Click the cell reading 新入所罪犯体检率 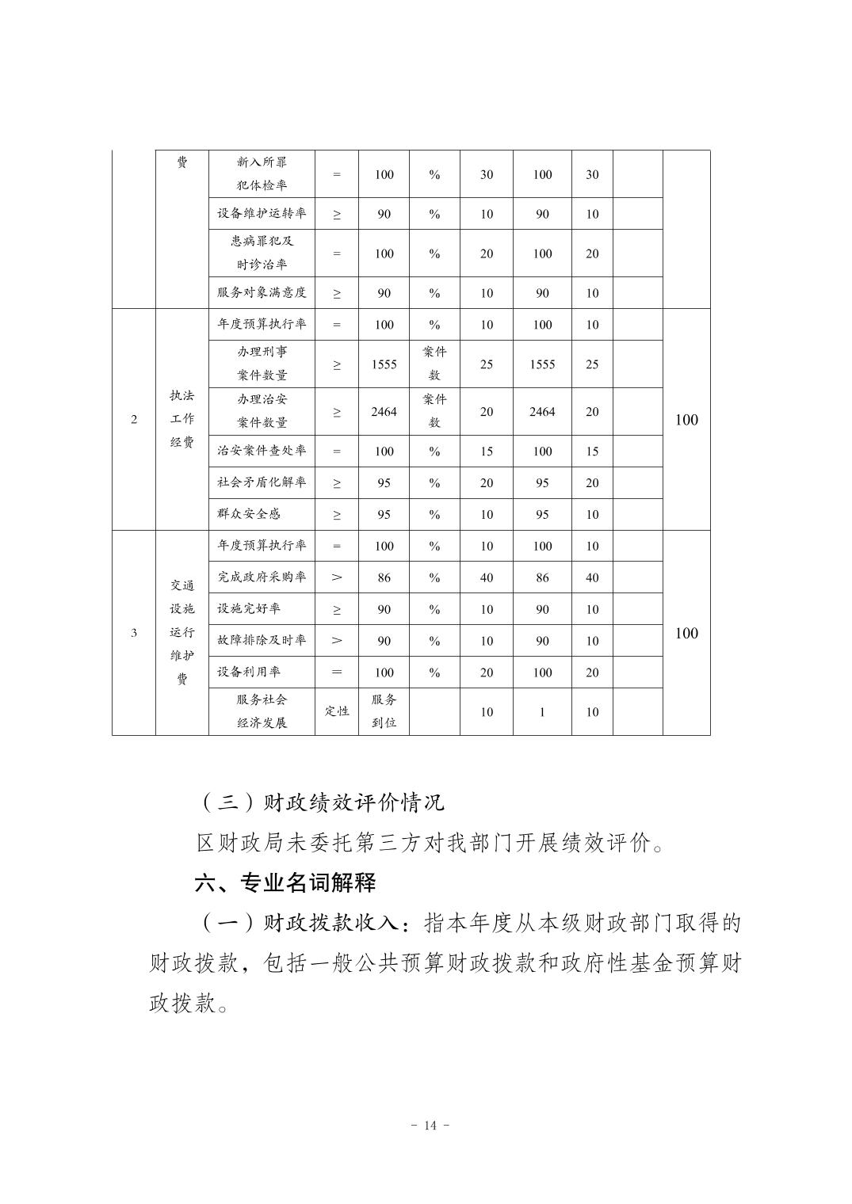[262, 173]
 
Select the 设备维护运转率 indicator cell [262, 213]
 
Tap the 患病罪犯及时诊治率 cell [262, 253]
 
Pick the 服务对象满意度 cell [262, 292]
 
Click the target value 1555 [384, 364]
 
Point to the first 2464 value [384, 411]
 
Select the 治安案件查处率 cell [262, 451]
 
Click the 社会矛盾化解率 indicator [262, 482]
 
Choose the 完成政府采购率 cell [262, 577]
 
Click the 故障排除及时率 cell [262, 640]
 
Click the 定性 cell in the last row [337, 711]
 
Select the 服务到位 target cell [384, 711]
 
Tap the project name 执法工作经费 [182, 419]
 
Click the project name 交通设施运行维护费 [182, 632]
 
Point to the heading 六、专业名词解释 [285, 883]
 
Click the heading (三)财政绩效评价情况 [320, 802]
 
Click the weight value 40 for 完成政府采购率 [487, 577]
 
